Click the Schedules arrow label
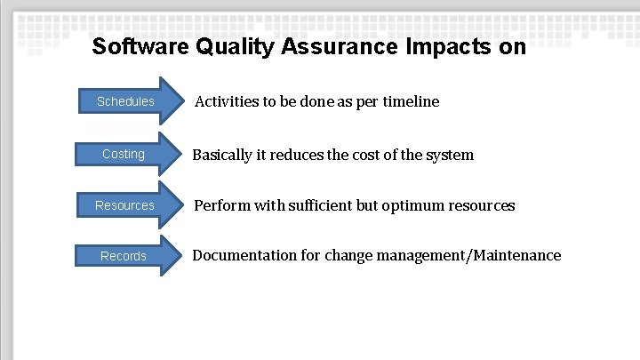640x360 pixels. [x=125, y=101]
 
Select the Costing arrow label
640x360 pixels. [x=124, y=154]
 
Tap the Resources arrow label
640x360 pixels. [x=124, y=205]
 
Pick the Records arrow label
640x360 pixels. [x=124, y=256]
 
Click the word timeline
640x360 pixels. [x=411, y=101]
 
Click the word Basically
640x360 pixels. [x=222, y=155]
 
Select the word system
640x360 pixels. [x=448, y=155]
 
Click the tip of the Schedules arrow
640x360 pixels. [x=180, y=101]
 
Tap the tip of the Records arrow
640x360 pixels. [x=180, y=256]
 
